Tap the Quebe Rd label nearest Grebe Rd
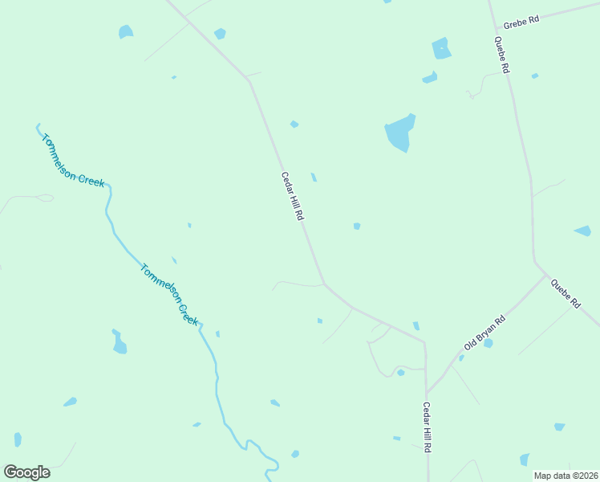[x=501, y=55]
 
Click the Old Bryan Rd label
[x=484, y=333]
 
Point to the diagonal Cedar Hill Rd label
[x=292, y=197]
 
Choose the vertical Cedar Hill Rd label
[x=428, y=427]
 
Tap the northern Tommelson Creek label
[x=73, y=159]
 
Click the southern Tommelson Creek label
[x=169, y=294]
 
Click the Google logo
[x=26, y=472]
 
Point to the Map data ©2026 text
[x=566, y=476]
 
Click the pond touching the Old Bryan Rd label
[x=489, y=343]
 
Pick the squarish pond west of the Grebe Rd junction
[x=441, y=49]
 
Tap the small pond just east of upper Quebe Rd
[x=534, y=76]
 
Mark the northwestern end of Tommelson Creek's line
[x=37, y=125]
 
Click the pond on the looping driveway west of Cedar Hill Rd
[x=400, y=372]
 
